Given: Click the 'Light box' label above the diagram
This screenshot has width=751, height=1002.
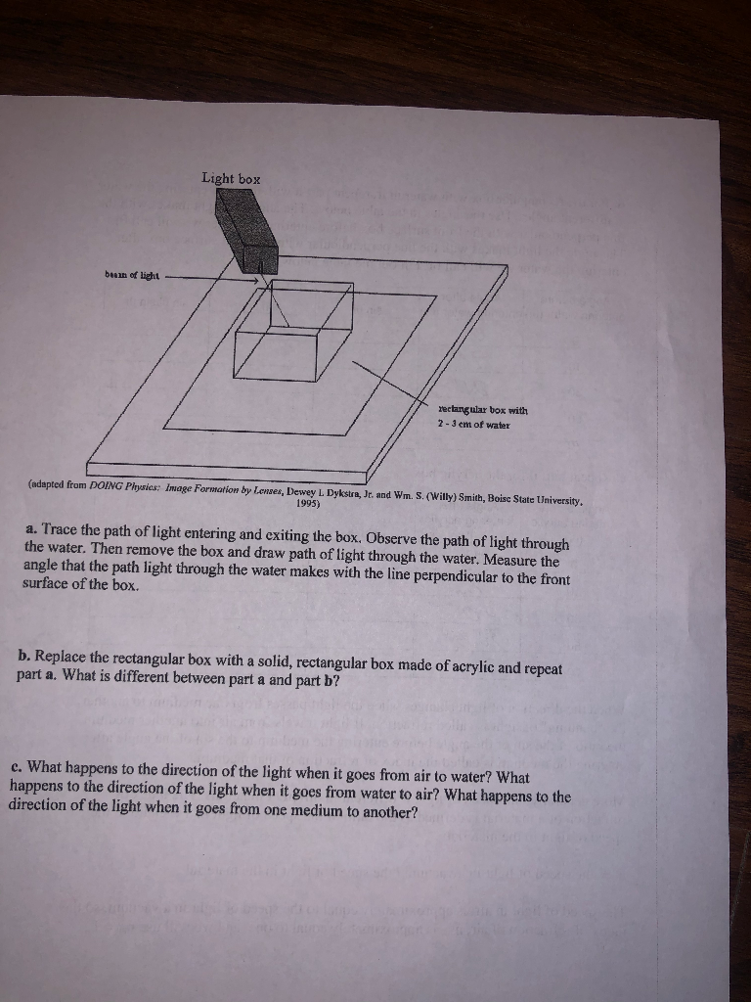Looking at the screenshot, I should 231,178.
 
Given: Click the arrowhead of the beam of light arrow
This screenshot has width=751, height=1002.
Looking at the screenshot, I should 261,281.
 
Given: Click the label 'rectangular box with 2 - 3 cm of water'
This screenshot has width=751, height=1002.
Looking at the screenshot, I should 484,417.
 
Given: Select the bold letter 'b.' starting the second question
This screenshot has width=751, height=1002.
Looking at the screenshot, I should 23,653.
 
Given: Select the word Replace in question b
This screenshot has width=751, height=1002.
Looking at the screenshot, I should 63,656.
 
